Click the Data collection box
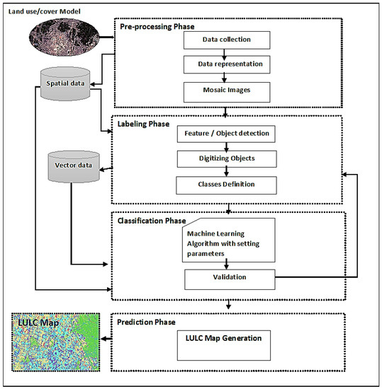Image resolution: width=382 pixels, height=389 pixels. pos(225,39)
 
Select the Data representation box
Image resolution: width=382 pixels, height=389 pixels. pos(225,65)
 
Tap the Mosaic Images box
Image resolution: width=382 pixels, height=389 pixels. pos(225,91)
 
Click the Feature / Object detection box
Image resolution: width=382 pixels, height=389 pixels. pos(226,132)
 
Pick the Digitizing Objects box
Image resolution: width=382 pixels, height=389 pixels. pos(226,159)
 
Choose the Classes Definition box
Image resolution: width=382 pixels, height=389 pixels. pos(226,185)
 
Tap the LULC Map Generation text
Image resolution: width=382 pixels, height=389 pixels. pos(225,337)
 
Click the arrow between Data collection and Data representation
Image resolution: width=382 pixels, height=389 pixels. pos(225,52)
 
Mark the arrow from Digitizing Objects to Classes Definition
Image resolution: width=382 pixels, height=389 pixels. pos(226,172)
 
